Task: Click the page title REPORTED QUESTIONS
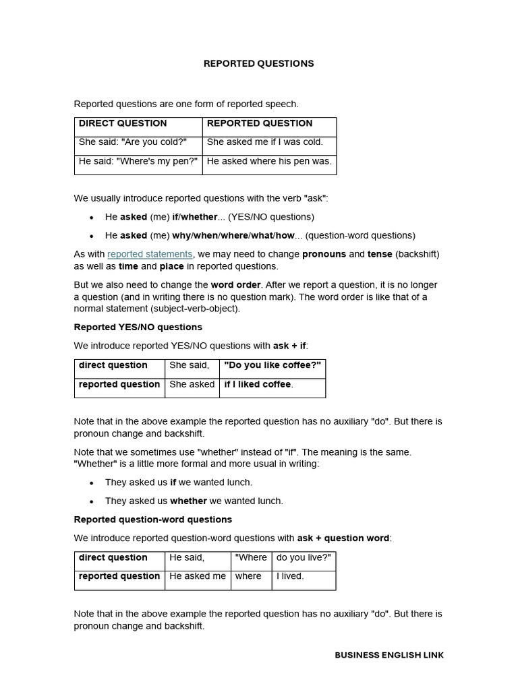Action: click(x=258, y=63)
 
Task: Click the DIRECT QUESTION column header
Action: click(x=123, y=123)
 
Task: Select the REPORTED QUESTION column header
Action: click(x=260, y=123)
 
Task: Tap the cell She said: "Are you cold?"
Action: click(x=133, y=142)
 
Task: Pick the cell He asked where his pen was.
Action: click(x=269, y=161)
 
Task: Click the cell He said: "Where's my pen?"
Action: click(x=138, y=161)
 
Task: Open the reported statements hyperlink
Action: click(x=150, y=254)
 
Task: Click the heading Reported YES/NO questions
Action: click(x=138, y=327)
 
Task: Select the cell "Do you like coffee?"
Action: click(x=272, y=365)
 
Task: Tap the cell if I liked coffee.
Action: click(x=258, y=384)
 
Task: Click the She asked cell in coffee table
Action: click(x=192, y=384)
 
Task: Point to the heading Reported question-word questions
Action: click(x=152, y=520)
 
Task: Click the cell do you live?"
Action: click(x=303, y=557)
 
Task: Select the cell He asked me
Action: click(x=198, y=576)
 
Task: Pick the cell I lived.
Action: click(x=290, y=576)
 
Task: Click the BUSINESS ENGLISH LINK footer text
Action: click(x=389, y=655)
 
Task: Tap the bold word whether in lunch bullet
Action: click(x=188, y=501)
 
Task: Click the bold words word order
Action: click(x=235, y=284)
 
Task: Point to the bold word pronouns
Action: click(x=324, y=254)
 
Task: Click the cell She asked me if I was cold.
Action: click(x=265, y=142)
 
